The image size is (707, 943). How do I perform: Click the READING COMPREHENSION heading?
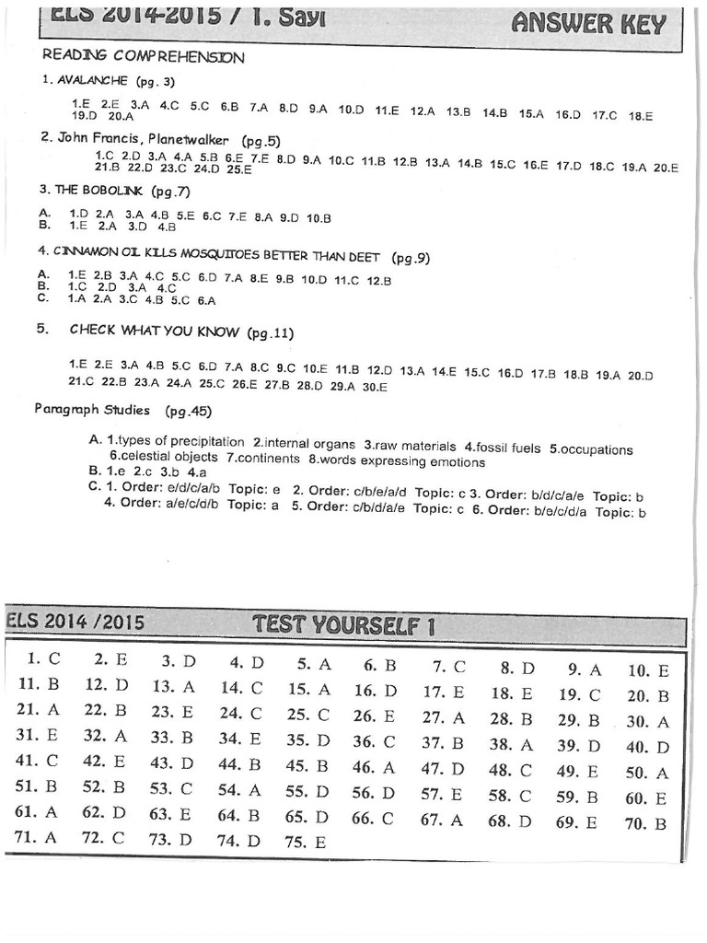(x=143, y=57)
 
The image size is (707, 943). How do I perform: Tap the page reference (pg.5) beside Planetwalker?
(x=261, y=141)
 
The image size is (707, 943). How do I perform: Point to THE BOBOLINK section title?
(x=99, y=191)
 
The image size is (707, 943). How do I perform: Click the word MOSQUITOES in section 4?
(x=222, y=251)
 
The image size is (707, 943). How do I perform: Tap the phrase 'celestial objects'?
(x=164, y=457)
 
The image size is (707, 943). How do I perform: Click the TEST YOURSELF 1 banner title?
(x=343, y=627)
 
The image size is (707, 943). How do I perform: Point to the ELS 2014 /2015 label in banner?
(x=75, y=622)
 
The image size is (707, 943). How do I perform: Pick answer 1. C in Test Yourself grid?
(x=43, y=658)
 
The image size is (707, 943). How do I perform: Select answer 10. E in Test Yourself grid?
(x=648, y=670)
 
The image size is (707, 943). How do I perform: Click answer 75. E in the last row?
(x=307, y=842)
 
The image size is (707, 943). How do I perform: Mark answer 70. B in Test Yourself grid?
(x=646, y=824)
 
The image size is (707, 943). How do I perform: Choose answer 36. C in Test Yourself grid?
(x=374, y=741)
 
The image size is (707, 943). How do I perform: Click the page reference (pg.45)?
(x=188, y=411)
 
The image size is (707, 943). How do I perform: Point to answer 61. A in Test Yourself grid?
(x=37, y=811)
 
